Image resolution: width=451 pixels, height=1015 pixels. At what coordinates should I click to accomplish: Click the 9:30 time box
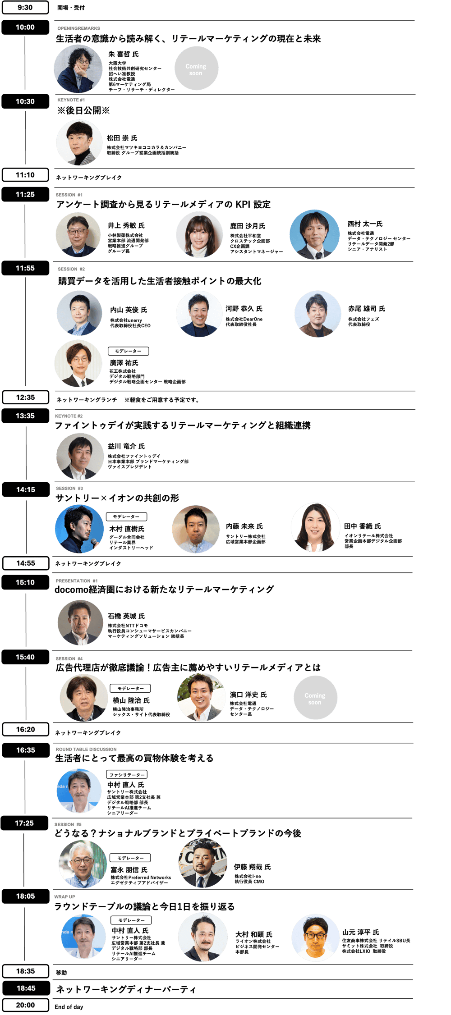tap(25, 8)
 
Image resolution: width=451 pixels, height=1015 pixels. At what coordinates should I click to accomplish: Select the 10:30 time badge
tap(25, 101)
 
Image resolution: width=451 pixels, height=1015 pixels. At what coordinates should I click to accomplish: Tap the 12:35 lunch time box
tap(25, 397)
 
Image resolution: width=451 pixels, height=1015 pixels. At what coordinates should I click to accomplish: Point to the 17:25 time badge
tap(24, 823)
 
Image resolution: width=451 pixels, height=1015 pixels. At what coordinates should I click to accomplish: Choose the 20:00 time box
tap(25, 1005)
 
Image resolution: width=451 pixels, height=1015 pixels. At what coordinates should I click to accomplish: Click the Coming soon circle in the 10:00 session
tap(196, 69)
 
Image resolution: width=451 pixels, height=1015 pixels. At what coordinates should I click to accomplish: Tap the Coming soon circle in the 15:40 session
tap(315, 699)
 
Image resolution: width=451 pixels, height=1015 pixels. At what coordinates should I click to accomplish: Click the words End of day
tap(69, 1007)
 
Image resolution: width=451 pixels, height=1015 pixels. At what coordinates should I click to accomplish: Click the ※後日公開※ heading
tap(83, 111)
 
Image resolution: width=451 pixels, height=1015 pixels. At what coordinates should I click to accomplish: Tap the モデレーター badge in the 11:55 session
tap(128, 351)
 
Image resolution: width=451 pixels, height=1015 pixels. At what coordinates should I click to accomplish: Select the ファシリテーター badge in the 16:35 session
tap(127, 774)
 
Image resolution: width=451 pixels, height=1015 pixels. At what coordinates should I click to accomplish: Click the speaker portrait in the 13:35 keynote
tap(80, 457)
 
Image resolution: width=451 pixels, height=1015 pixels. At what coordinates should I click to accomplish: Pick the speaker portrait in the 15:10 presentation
tap(80, 622)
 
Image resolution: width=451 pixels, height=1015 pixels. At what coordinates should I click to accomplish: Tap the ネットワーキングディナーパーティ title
tap(126, 989)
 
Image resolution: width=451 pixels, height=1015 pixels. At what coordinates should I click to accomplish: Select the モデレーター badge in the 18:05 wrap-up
tap(131, 919)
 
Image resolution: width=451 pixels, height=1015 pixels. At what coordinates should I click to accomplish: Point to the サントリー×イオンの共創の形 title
tap(117, 498)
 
